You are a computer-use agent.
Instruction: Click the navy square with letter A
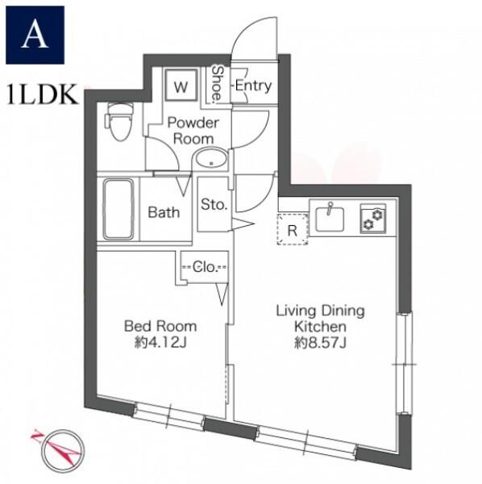[x=35, y=35]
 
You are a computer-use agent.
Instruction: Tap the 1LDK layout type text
[x=42, y=94]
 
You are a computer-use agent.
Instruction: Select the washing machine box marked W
[x=181, y=85]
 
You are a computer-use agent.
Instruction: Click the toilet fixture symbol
[x=119, y=122]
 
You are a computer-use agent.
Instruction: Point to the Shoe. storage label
[x=218, y=84]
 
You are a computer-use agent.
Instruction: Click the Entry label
[x=253, y=86]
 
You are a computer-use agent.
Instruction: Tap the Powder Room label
[x=193, y=131]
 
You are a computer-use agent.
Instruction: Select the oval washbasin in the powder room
[x=210, y=159]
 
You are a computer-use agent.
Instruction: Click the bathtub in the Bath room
[x=118, y=209]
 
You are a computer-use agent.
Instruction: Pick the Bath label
[x=164, y=212]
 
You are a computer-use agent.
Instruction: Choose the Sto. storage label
[x=214, y=204]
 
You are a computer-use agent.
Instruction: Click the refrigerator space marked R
[x=293, y=229]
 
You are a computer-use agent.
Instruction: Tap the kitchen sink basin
[x=330, y=219]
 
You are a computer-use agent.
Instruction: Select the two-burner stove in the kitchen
[x=373, y=219]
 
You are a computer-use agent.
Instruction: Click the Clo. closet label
[x=205, y=267]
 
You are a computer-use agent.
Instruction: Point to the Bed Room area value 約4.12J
[x=160, y=343]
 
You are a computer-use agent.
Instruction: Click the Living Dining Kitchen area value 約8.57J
[x=320, y=343]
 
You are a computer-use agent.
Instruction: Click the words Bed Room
[x=160, y=326]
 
